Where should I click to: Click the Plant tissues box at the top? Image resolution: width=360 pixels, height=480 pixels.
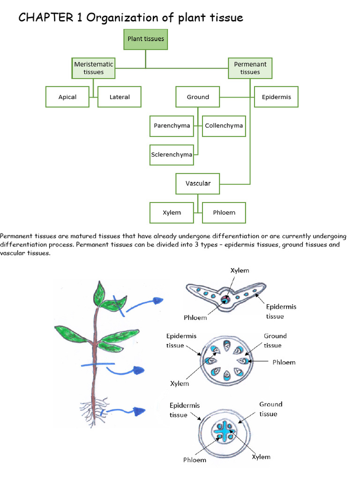[146, 39]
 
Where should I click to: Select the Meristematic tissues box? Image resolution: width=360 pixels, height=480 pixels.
[94, 68]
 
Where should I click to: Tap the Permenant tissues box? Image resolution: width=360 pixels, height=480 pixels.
[250, 68]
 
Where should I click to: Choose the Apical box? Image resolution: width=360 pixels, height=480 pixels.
[67, 97]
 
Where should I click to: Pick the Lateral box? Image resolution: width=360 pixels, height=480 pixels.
[120, 97]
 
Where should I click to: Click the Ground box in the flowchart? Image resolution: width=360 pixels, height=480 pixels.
[198, 97]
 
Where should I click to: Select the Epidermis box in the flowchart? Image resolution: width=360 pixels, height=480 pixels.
[276, 97]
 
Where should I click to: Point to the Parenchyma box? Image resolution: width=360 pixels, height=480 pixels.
[172, 126]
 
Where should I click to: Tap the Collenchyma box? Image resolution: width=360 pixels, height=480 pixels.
[224, 126]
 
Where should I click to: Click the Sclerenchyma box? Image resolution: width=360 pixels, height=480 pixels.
[172, 154]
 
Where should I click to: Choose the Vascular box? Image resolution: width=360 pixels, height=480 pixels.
[198, 183]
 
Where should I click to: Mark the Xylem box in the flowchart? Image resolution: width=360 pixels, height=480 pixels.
[172, 212]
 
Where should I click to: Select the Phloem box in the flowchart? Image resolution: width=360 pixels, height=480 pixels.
[224, 212]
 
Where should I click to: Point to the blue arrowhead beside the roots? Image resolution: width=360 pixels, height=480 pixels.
[139, 411]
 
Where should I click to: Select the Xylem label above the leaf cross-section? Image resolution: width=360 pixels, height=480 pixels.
[240, 271]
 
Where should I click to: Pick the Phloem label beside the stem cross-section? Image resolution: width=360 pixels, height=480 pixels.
[284, 362]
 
